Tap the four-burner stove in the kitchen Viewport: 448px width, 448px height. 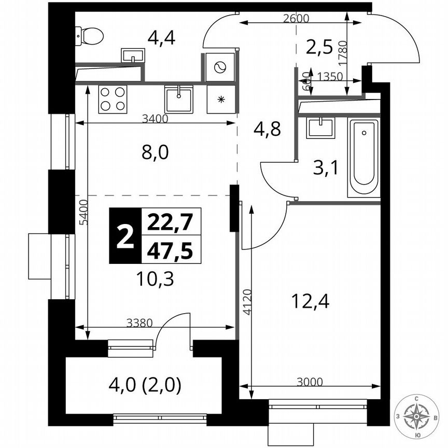[x=113, y=99]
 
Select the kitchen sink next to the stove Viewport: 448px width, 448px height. [x=179, y=99]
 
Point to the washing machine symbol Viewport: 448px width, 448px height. [x=220, y=67]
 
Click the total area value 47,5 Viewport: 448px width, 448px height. [x=170, y=250]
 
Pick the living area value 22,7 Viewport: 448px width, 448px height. [x=170, y=223]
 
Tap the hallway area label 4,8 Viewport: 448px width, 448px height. [x=267, y=129]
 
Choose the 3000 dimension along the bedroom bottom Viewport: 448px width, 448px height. [x=310, y=382]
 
